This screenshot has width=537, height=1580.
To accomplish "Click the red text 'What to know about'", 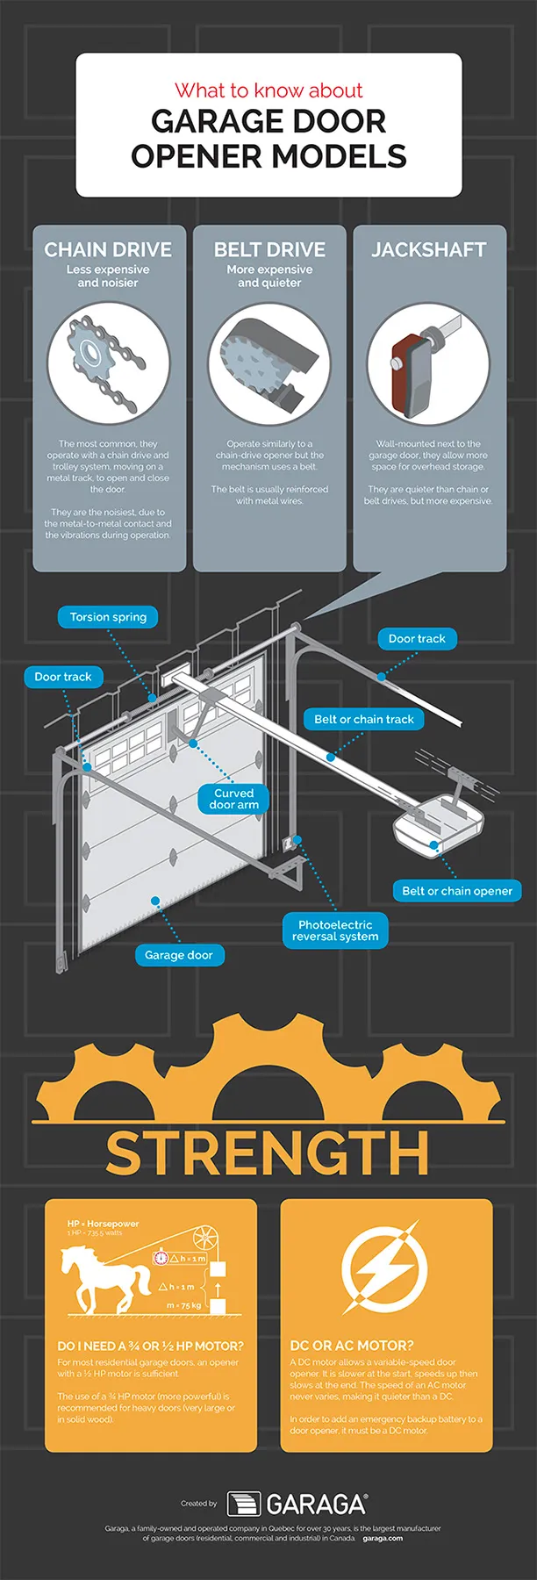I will [268, 90].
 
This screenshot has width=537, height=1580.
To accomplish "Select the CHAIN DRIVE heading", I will [108, 250].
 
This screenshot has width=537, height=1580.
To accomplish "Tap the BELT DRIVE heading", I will [269, 250].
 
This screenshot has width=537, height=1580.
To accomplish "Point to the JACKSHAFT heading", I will [428, 250].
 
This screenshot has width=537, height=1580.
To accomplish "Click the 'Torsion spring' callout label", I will [108, 617].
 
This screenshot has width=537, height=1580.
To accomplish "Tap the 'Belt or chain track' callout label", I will [363, 720].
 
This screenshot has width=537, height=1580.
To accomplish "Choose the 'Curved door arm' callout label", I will [233, 799].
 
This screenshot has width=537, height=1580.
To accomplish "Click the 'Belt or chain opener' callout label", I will [456, 891].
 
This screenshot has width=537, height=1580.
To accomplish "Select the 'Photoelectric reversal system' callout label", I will [334, 930].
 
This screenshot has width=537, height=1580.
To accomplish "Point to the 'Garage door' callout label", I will [178, 955].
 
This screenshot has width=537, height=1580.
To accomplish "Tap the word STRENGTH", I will [268, 1153].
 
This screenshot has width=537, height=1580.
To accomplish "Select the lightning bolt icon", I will [383, 1269].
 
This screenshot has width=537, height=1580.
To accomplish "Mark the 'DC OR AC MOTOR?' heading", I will [351, 1346].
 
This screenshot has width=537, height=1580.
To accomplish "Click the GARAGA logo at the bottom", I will [297, 1505].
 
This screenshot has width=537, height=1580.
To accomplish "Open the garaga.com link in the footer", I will [383, 1538].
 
